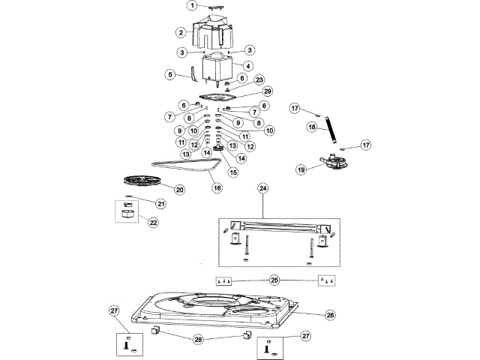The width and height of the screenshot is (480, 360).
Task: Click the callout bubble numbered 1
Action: click(x=192, y=5)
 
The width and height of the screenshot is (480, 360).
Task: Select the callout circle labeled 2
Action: click(x=181, y=32)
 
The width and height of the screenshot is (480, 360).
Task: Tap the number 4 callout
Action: click(x=247, y=66)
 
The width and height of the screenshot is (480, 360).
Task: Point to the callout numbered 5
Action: click(x=170, y=74)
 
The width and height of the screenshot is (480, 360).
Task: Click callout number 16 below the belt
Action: click(x=217, y=187)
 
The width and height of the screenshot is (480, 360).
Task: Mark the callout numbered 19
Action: click(x=301, y=169)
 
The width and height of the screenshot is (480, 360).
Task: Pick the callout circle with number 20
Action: click(x=180, y=190)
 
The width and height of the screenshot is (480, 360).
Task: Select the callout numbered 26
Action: click(x=330, y=316)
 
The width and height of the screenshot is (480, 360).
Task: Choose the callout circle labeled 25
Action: click(x=274, y=280)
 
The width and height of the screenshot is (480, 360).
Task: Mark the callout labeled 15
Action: click(x=233, y=172)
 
